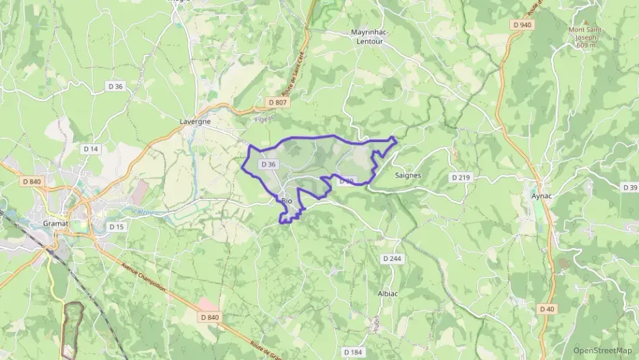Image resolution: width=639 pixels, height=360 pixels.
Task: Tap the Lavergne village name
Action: tap(195, 121)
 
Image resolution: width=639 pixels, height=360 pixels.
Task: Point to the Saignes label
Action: tap(408, 175)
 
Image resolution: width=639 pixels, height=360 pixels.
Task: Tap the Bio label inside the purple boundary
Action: tap(287, 201)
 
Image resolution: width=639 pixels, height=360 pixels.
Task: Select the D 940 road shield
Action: tap(521, 25)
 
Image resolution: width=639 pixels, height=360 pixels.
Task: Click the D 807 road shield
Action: tap(278, 102)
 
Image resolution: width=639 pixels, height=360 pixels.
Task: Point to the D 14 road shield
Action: tap(90, 149)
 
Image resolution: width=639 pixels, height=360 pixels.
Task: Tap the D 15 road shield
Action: tap(116, 226)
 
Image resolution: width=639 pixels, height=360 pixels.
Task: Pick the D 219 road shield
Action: tap(461, 178)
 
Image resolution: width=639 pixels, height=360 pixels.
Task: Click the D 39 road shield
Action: tap(630, 187)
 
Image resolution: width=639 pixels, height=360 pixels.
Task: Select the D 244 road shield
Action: tap(392, 259)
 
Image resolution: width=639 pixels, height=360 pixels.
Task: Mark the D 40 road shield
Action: tap(547, 309)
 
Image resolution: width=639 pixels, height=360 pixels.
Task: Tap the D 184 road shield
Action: tap(353, 352)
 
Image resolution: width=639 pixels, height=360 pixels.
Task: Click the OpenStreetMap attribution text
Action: tap(602, 350)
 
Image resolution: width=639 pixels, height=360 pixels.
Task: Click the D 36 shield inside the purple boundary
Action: tap(269, 165)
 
